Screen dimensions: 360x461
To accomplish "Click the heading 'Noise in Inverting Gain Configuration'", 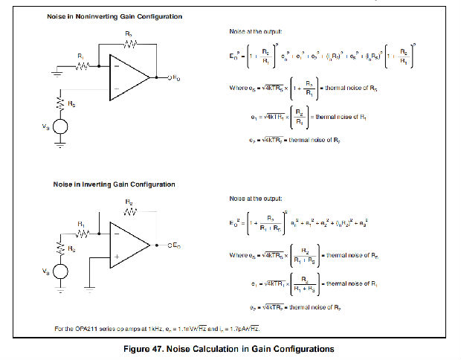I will point(114,184).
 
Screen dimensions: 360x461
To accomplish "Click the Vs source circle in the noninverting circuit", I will point(60,126).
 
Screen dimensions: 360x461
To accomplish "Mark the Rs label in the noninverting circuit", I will point(72,103).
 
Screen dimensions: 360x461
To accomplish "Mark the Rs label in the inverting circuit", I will point(72,248).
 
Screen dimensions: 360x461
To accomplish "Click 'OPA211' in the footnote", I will point(89,327).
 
